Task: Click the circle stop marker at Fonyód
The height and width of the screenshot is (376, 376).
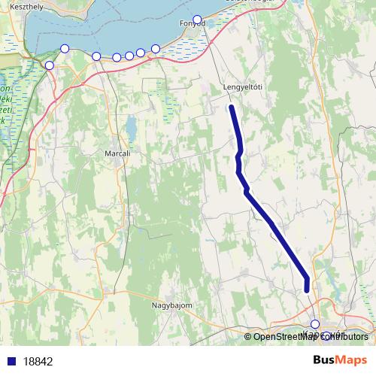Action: (197, 20)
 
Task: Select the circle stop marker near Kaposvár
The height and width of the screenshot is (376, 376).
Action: (315, 324)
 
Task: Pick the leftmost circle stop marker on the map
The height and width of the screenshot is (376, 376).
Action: (50, 65)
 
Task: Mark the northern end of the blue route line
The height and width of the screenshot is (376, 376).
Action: (232, 108)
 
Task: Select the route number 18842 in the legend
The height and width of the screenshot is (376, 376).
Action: (38, 362)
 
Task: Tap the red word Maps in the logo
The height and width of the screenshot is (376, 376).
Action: (352, 360)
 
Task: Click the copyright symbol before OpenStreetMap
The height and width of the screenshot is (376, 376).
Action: (248, 337)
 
